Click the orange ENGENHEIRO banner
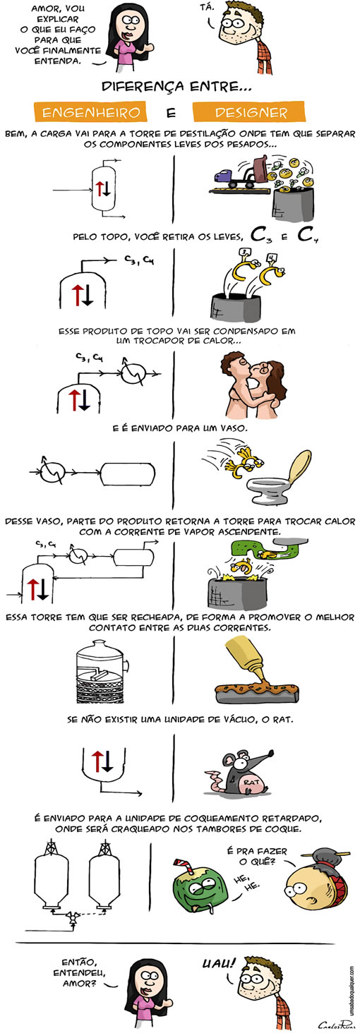click(x=90, y=112)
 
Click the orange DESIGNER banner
click(x=249, y=111)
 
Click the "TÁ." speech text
click(x=208, y=7)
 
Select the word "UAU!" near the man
click(x=219, y=962)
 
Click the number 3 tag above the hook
click(x=244, y=253)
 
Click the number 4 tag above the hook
click(x=272, y=258)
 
